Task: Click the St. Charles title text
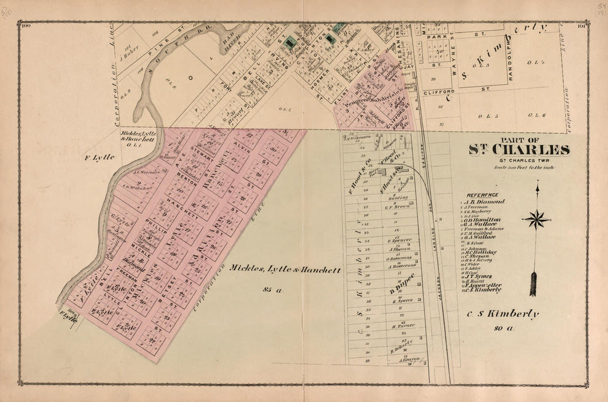point(519,150)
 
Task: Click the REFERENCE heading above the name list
point(483,195)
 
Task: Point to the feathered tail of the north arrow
point(533,283)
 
